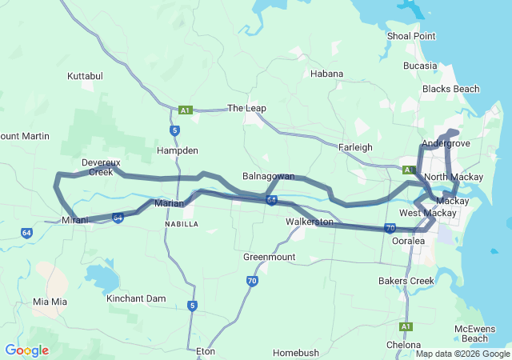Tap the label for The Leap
coord(246,108)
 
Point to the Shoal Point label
coord(410,36)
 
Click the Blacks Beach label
coord(450,89)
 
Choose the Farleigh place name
coord(355,147)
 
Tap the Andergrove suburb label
coord(446,143)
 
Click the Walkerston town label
coord(310,221)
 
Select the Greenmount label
coord(269,257)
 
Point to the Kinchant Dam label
coord(136,298)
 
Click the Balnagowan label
coord(268,175)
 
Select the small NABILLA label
coord(180,225)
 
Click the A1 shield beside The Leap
coord(186,110)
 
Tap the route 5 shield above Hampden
coord(174,130)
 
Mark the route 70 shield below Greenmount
coord(251,281)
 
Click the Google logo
coord(26,350)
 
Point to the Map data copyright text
coord(462,354)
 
